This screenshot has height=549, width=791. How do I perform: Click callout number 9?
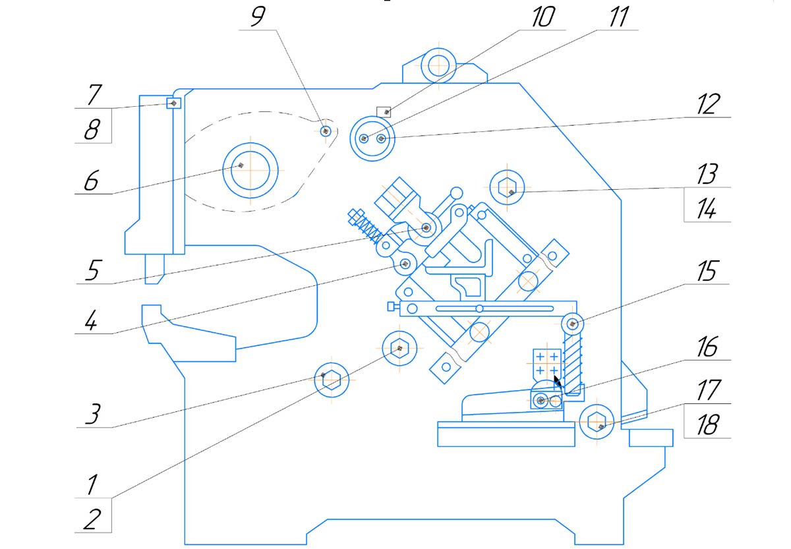click(257, 17)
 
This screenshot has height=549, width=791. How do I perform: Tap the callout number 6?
click(91, 181)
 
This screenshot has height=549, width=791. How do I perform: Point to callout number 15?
click(707, 272)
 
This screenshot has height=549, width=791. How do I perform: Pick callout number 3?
click(92, 415)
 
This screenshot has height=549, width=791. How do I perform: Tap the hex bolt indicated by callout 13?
click(506, 187)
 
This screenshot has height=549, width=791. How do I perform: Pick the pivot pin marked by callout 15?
click(573, 324)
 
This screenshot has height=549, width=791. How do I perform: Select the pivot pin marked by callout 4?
click(405, 264)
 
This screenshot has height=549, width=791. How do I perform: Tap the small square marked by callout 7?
click(173, 103)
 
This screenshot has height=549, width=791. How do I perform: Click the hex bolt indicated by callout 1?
click(398, 347)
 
